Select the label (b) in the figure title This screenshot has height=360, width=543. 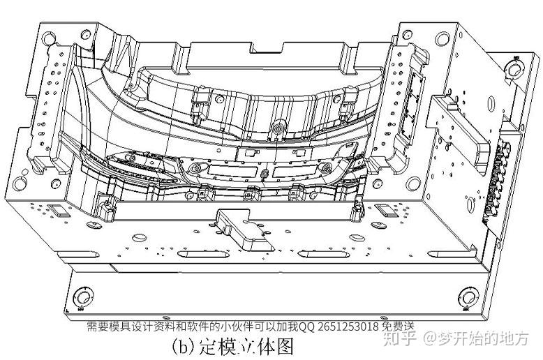[x=184, y=345]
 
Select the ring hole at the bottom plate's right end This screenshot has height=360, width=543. [x=466, y=294]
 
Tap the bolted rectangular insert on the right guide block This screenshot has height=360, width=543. [x=417, y=87]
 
